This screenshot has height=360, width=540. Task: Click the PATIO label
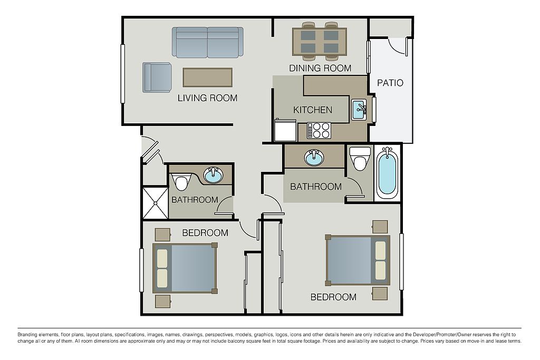[390, 83]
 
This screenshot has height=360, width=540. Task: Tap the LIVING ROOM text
[207, 98]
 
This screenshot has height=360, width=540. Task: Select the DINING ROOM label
[320, 68]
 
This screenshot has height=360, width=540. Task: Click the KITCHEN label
[313, 110]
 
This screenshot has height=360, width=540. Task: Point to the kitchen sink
[359, 109]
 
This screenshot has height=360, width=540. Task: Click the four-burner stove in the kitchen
[319, 130]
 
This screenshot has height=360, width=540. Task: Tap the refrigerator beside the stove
[285, 130]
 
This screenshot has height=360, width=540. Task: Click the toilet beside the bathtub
[360, 159]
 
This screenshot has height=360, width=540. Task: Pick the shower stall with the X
[156, 203]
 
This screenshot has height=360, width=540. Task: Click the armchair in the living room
[157, 77]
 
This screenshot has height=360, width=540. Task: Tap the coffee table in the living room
[207, 77]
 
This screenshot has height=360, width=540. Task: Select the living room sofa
[208, 42]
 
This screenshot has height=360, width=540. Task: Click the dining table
[319, 42]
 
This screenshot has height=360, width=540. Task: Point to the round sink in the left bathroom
[214, 175]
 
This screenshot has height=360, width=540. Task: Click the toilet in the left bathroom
[181, 181]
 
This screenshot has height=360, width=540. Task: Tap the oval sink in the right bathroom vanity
[314, 157]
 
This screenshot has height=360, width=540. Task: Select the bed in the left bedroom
[185, 268]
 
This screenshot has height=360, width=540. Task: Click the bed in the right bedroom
[358, 260]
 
